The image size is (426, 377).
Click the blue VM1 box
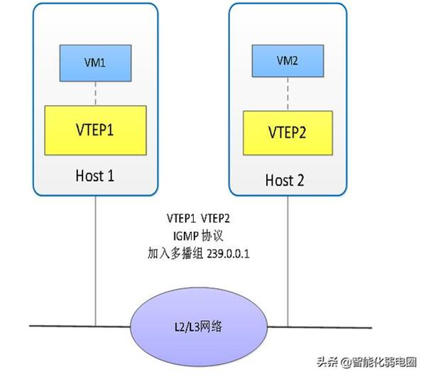pyautogui.click(x=95, y=63)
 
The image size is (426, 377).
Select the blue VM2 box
pyautogui.click(x=288, y=61)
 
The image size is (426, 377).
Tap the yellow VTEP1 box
pyautogui.click(x=95, y=130)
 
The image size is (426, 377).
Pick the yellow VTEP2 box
pyautogui.click(x=288, y=133)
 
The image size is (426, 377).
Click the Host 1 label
pyautogui.click(x=94, y=176)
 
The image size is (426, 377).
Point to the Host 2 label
pyautogui.click(x=285, y=180)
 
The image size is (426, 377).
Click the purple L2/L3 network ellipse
pyautogui.click(x=199, y=326)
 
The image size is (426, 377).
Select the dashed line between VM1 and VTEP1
pyautogui.click(x=95, y=93)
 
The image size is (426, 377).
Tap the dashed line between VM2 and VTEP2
pyautogui.click(x=288, y=94)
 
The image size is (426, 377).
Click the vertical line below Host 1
pyautogui.click(x=95, y=261)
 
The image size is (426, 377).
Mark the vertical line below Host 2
pyautogui.click(x=288, y=261)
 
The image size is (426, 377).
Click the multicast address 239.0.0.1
pyautogui.click(x=228, y=254)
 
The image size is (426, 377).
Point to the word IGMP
pyautogui.click(x=186, y=236)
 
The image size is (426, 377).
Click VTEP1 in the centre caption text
pyautogui.click(x=181, y=218)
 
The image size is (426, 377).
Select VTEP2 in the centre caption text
pyautogui.click(x=215, y=218)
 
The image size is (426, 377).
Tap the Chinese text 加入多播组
pyautogui.click(x=175, y=254)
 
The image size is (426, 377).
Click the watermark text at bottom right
pyautogui.click(x=366, y=362)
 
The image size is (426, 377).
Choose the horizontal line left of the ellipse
pyautogui.click(x=80, y=326)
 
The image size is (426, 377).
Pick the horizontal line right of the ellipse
pyautogui.click(x=319, y=327)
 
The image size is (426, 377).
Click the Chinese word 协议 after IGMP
pyautogui.click(x=212, y=235)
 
